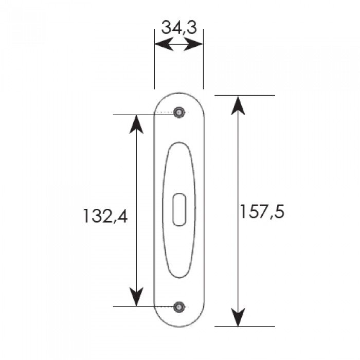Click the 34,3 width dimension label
[179, 28]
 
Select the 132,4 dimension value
[105, 216]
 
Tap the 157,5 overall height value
[262, 211]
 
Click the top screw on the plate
[179, 112]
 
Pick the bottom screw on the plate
[179, 307]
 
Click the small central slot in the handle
[179, 210]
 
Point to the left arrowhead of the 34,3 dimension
[164, 44]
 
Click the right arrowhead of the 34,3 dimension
[193, 44]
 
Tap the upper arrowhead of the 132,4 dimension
[136, 124]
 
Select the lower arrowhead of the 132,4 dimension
[136, 297]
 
